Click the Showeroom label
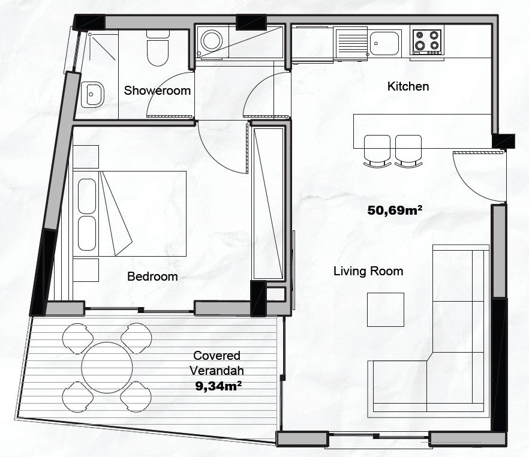click(x=157, y=91)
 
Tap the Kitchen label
click(x=408, y=86)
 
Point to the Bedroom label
click(x=152, y=276)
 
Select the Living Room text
click(x=368, y=271)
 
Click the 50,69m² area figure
click(x=395, y=211)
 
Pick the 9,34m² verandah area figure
click(x=218, y=386)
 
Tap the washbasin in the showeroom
click(x=92, y=95)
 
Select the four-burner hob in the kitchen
click(x=426, y=42)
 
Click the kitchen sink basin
click(x=384, y=43)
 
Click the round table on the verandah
click(x=107, y=367)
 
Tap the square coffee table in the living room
click(x=386, y=309)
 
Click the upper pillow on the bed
click(x=87, y=196)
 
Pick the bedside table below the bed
click(x=86, y=270)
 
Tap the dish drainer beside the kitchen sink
click(x=351, y=44)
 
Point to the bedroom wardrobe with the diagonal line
click(x=268, y=203)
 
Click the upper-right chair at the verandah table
click(x=136, y=338)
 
